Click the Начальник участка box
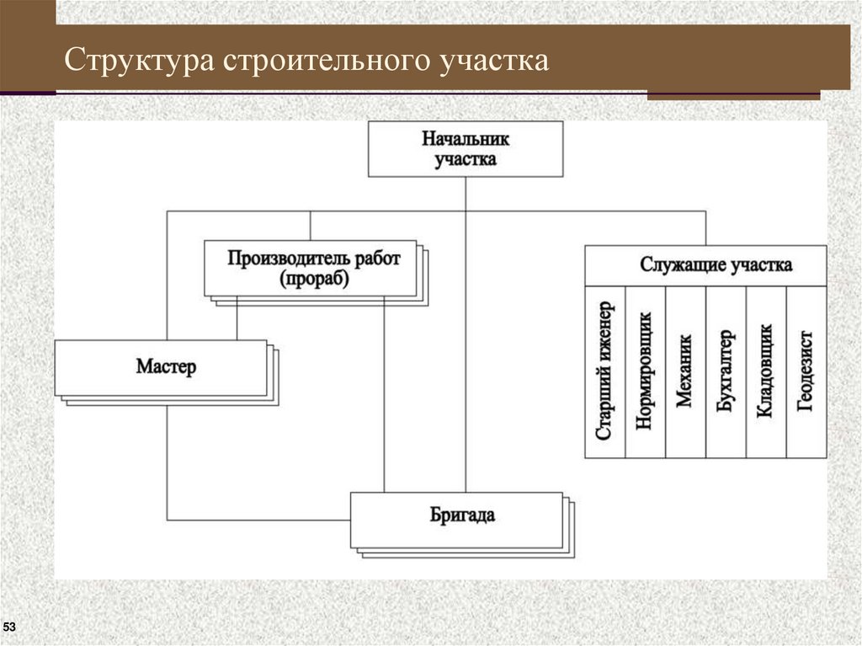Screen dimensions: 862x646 (x=466, y=148)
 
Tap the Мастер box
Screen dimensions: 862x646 (x=161, y=368)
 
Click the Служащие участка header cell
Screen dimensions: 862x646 (x=705, y=265)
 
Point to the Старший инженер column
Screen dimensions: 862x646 (x=605, y=371)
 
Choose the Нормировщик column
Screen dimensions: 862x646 (x=645, y=371)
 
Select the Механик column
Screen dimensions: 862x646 (x=685, y=371)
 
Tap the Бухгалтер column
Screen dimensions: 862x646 (x=726, y=371)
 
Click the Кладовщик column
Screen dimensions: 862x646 (x=766, y=371)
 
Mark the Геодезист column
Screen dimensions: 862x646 (x=806, y=371)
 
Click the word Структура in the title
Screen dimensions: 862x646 (x=139, y=61)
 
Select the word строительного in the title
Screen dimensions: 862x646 (x=327, y=61)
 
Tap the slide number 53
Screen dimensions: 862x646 (x=10, y=627)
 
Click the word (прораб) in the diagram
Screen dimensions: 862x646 (x=314, y=280)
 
